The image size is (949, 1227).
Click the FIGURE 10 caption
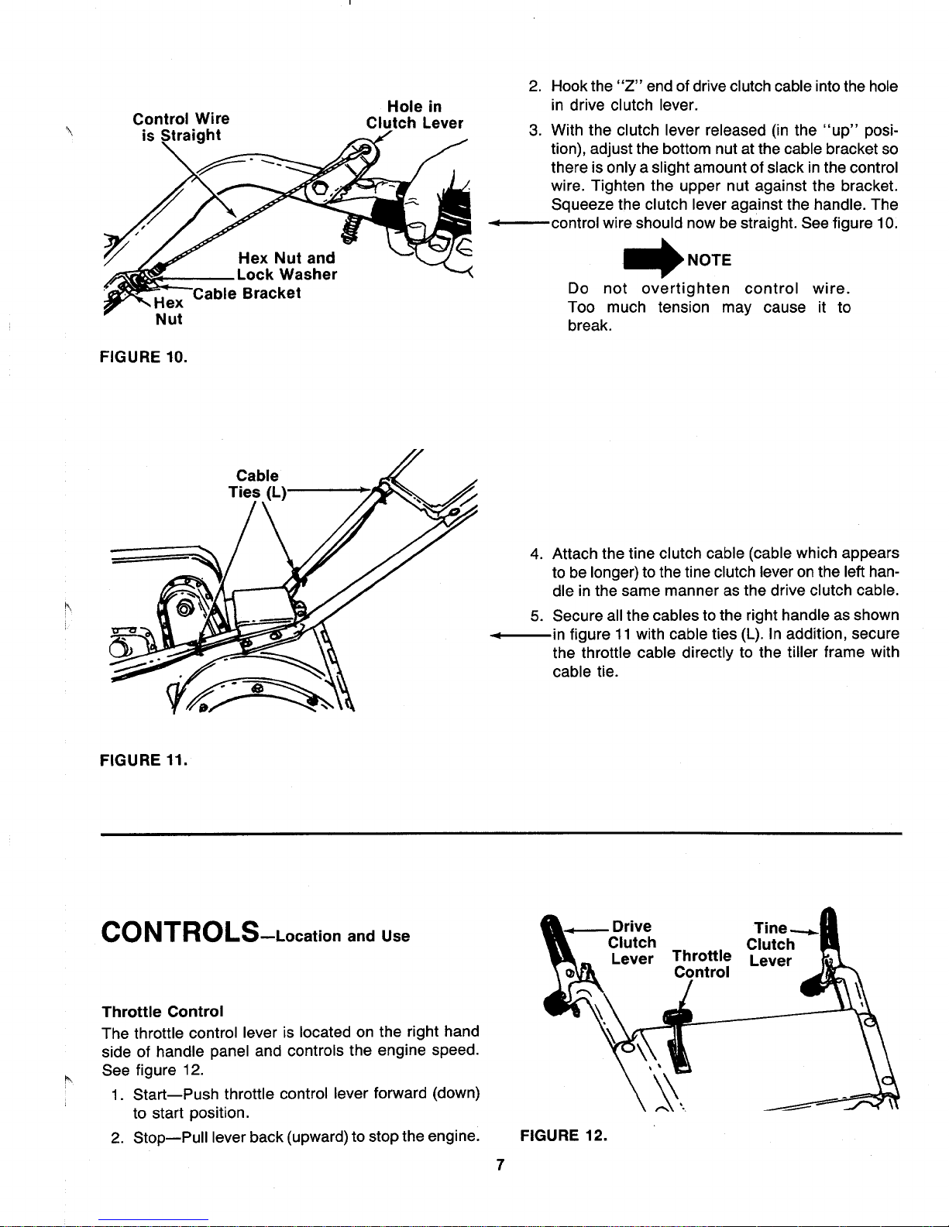pos(143,358)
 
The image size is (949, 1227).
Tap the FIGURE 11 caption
pos(143,760)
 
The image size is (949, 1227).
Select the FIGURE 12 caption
pos(563,1136)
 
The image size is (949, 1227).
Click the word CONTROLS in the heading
pos(181,932)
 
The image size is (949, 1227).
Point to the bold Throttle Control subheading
pos(163,1011)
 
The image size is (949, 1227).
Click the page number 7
pos(500,1164)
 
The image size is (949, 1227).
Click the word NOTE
pos(710,260)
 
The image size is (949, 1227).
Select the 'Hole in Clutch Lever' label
pos(414,115)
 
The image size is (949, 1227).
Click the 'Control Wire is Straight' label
pos(181,127)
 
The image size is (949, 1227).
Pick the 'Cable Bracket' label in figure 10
pos(247,293)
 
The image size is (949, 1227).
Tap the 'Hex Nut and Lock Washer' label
pos(287,266)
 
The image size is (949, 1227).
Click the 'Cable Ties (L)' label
pos(257,484)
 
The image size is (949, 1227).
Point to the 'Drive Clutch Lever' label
pos(632,942)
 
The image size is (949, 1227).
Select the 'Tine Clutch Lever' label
pos(771,944)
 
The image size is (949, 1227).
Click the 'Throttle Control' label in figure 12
pos(702,964)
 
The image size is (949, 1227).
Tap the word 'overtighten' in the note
pos(685,289)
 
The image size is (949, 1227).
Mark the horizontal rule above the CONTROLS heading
pos(501,834)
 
